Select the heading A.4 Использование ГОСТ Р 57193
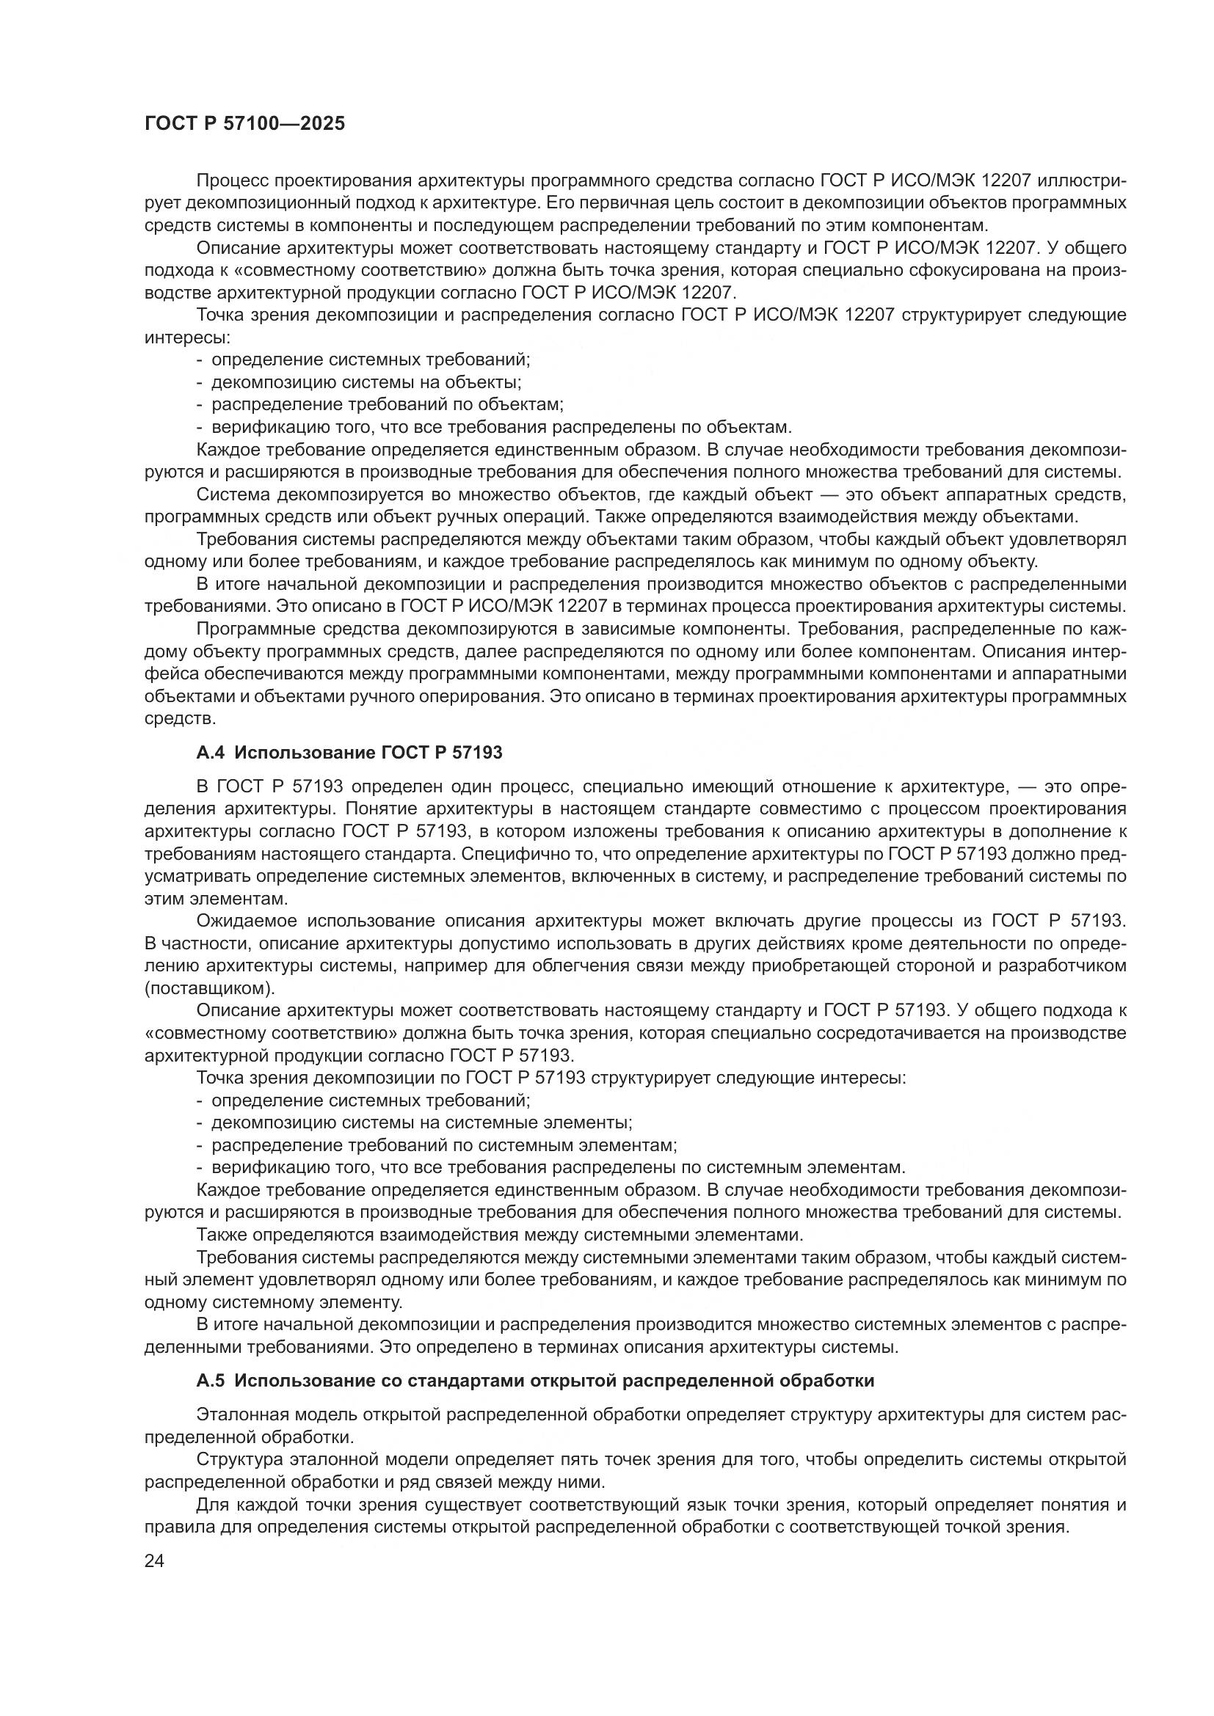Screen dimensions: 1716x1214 [x=349, y=753]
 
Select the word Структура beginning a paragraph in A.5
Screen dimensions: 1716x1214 [x=239, y=1459]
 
